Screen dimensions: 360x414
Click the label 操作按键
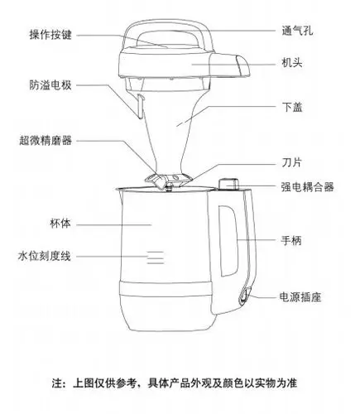pyautogui.click(x=50, y=35)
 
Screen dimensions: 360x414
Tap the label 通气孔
pyautogui.click(x=297, y=31)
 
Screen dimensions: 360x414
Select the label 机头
pyautogui.click(x=292, y=63)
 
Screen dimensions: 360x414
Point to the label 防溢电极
pyautogui.click(x=50, y=85)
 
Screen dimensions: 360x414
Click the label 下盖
pyautogui.click(x=292, y=107)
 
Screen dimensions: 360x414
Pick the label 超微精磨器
pyautogui.click(x=46, y=141)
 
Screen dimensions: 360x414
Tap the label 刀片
pyautogui.click(x=291, y=162)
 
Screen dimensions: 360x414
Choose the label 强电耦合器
pyautogui.click(x=308, y=187)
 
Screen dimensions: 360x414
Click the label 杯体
pyautogui.click(x=60, y=224)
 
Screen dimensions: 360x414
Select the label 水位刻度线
pyautogui.click(x=45, y=256)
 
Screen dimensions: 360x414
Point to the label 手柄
pyautogui.click(x=291, y=241)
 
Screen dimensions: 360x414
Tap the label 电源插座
pyautogui.click(x=300, y=297)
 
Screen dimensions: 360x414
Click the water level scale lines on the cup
pyautogui.click(x=156, y=258)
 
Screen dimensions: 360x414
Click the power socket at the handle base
pyautogui.click(x=245, y=295)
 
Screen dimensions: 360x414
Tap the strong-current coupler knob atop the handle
pyautogui.click(x=228, y=184)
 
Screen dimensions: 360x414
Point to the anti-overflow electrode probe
pyautogui.click(x=140, y=106)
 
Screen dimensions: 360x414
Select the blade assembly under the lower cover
pyautogui.click(x=168, y=181)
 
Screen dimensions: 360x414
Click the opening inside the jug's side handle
pyautogui.click(x=228, y=240)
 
